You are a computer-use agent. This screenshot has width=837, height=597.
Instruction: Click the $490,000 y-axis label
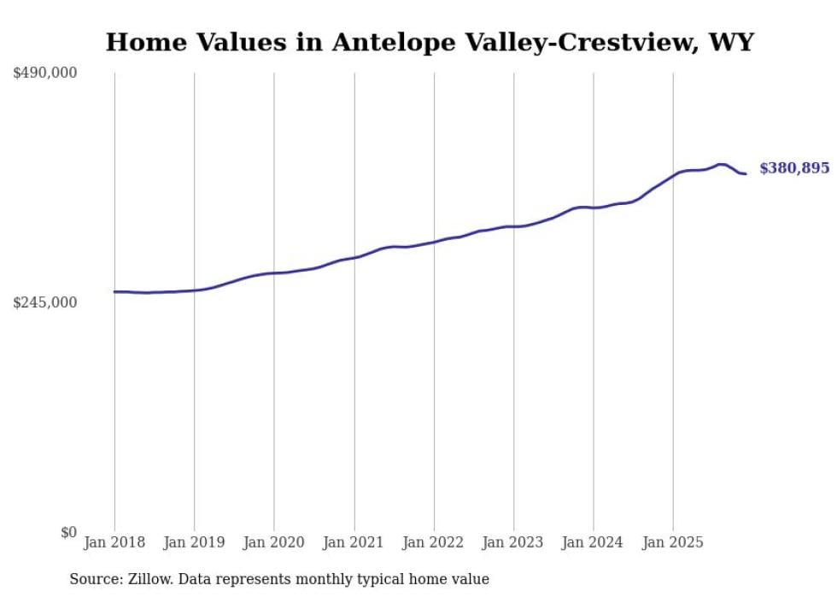point(44,73)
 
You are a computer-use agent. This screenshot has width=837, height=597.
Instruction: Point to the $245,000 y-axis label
point(44,302)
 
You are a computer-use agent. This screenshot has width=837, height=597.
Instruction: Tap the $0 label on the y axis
point(68,532)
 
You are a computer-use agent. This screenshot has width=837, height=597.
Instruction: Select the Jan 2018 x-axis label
point(114,542)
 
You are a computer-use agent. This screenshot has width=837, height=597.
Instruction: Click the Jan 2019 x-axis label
point(194,542)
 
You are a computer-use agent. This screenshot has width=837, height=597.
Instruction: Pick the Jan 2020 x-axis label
point(274,542)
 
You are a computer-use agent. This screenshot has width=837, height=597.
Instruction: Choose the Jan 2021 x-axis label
point(354,542)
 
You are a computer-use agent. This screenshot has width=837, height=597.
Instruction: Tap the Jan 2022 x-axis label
point(434,542)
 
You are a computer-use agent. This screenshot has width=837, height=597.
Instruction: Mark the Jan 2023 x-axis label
point(513,542)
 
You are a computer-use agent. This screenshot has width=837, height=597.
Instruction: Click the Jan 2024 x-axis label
point(594,542)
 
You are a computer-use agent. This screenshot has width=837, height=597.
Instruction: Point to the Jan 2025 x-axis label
point(673,542)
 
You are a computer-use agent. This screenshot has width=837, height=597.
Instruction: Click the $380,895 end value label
point(794,168)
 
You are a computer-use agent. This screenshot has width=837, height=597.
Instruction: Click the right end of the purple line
point(746,174)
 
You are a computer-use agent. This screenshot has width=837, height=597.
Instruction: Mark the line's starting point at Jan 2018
point(114,291)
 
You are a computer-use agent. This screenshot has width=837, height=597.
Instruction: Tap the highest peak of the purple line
point(721,164)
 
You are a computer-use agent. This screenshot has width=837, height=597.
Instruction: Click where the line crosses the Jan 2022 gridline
point(434,242)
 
